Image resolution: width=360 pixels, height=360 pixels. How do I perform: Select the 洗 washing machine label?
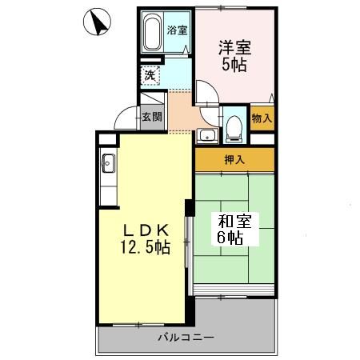pyautogui.click(x=149, y=76)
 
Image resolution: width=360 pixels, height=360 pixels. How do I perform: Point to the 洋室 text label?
pyautogui.click(x=233, y=46)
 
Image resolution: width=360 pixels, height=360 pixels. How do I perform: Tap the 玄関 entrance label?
pyautogui.click(x=152, y=116)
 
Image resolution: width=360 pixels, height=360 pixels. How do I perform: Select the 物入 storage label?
pyautogui.click(x=262, y=118)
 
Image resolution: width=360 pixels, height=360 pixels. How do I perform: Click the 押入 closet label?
pyautogui.click(x=234, y=160)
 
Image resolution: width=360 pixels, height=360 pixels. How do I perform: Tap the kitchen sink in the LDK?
pyautogui.click(x=109, y=166)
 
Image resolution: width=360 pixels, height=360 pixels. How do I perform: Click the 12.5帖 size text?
pyautogui.click(x=145, y=247)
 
